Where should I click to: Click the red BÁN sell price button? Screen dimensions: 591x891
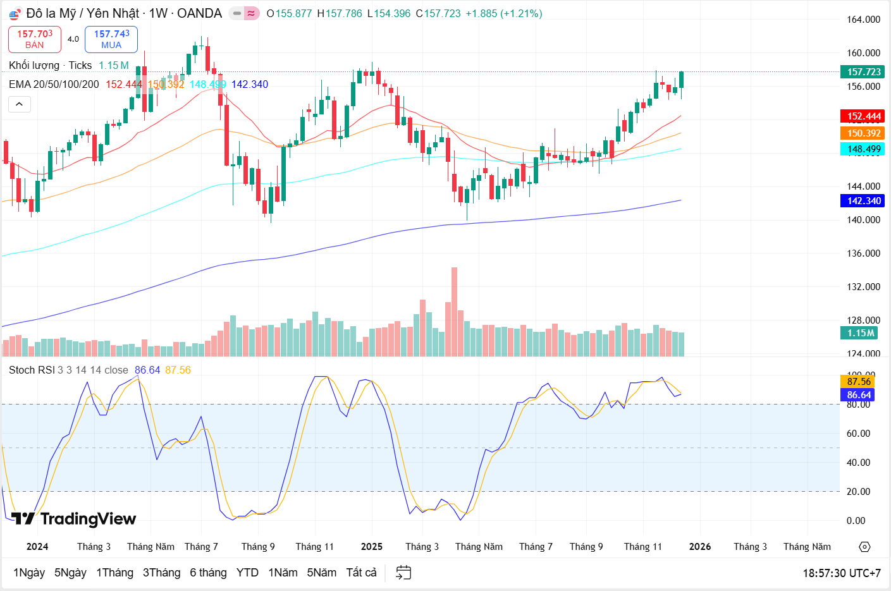35,39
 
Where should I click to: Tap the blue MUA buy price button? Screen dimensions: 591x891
111,39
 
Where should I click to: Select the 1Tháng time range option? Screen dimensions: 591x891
114,573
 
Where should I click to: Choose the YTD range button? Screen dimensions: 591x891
247,573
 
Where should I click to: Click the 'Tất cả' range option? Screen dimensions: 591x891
361,573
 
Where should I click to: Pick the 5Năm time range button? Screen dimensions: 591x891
321,573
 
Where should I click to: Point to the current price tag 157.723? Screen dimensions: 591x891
864,72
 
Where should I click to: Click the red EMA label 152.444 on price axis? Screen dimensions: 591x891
864,116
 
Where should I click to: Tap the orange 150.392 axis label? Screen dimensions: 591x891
864,133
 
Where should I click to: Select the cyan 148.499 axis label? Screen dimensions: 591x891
864,149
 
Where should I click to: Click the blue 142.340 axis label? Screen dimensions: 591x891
864,201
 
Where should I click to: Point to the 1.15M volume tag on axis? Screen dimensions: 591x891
861,333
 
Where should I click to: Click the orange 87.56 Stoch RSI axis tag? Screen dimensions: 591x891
859,382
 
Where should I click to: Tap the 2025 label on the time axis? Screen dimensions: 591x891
372,547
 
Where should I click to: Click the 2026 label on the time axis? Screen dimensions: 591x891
700,547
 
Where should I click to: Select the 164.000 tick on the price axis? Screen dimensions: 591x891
863,20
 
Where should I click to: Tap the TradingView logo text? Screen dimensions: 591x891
88,519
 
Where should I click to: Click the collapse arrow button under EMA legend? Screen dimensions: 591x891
20,104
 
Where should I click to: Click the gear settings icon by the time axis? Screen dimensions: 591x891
864,547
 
